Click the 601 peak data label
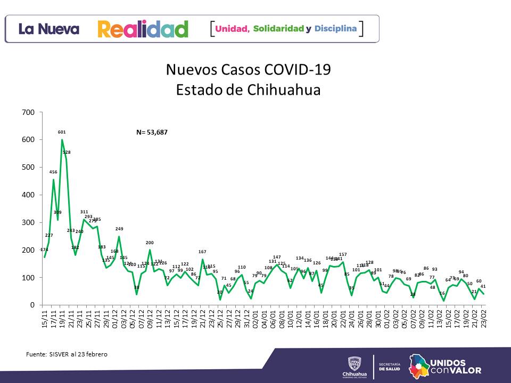[62, 132]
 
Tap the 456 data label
[53, 172]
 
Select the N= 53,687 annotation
[152, 132]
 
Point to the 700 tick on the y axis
[29, 112]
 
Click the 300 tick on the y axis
[29, 222]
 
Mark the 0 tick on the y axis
[32, 305]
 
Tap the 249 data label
[119, 229]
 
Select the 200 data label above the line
[150, 243]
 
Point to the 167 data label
[202, 252]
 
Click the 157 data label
[343, 254]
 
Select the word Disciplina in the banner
[335, 28]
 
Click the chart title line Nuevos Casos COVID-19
[248, 70]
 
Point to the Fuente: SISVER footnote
[67, 354]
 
